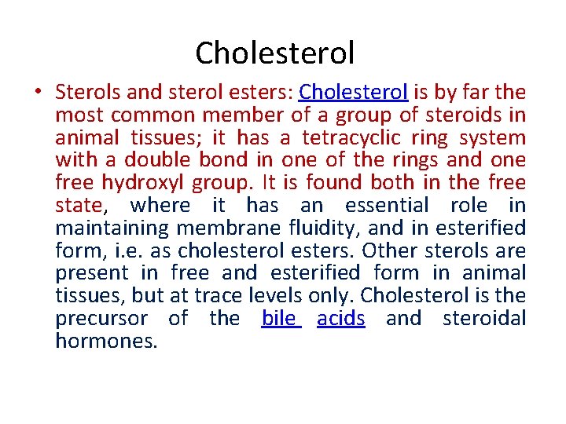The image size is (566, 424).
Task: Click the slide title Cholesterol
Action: click(275, 53)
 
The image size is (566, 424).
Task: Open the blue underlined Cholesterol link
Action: click(353, 93)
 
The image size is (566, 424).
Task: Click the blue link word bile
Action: click(278, 319)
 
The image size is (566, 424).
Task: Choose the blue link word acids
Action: click(341, 319)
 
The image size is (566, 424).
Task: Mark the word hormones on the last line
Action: click(107, 342)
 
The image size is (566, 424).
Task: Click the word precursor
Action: click(101, 319)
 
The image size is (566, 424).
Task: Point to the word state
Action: click(79, 206)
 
